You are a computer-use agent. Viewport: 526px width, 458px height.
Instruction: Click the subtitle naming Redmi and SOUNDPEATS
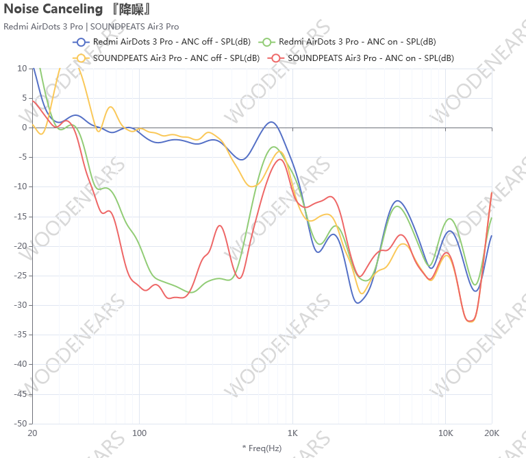point(91,27)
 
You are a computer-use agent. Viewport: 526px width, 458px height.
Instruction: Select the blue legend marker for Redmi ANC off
point(80,42)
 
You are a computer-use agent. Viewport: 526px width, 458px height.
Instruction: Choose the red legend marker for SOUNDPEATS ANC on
point(276,58)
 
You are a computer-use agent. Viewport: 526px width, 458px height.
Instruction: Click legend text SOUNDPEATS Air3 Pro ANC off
point(176,58)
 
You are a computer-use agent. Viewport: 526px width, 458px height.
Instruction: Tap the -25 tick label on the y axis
point(21,276)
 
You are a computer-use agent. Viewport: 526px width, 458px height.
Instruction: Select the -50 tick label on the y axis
point(21,424)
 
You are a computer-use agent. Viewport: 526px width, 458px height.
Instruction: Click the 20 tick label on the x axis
point(32,433)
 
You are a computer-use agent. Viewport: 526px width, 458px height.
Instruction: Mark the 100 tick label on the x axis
point(140,433)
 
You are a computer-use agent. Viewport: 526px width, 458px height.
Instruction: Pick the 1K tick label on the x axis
point(292,433)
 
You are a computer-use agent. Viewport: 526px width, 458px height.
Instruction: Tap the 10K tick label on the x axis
point(446,433)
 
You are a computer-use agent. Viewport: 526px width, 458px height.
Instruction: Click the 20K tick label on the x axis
point(492,433)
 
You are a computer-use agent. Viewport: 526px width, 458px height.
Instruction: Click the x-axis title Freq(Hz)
point(262,448)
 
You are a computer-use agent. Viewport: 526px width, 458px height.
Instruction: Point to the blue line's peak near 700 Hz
point(271,123)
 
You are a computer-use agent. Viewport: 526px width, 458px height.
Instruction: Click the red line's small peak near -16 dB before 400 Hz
point(220,226)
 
